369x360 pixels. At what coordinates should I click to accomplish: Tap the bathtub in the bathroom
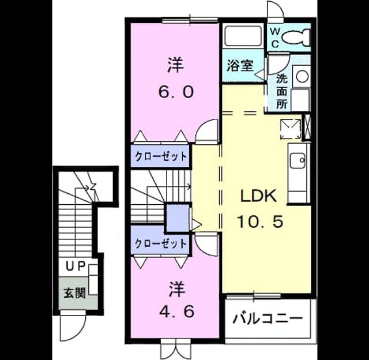(243, 36)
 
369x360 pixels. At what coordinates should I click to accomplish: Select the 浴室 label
(240, 66)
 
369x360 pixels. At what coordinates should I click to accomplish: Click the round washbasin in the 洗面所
(302, 77)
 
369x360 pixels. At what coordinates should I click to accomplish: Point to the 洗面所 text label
(282, 91)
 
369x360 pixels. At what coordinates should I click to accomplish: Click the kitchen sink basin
(298, 160)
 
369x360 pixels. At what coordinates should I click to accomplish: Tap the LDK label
(258, 196)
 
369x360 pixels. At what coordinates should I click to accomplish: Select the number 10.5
(260, 222)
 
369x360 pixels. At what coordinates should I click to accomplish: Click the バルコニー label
(268, 318)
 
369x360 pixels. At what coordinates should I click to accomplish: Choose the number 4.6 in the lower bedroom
(176, 312)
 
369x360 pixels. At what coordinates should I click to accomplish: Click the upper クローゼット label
(161, 156)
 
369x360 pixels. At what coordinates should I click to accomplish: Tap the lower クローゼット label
(161, 243)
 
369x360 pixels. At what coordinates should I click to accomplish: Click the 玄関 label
(74, 293)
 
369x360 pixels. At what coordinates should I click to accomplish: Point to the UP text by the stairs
(75, 267)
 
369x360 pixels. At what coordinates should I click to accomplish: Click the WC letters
(274, 37)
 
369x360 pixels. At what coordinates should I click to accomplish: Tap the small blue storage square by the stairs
(178, 217)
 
